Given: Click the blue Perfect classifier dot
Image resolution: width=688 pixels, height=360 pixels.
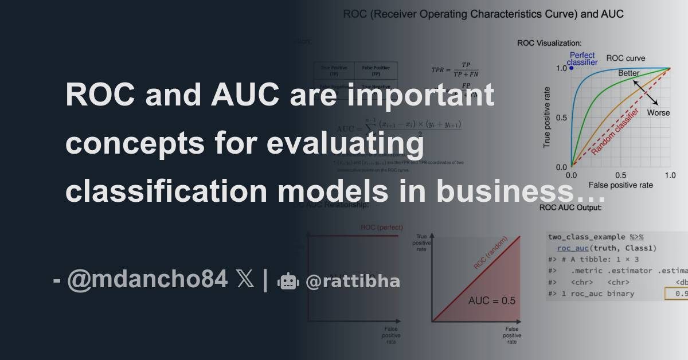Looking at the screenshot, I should [571, 68].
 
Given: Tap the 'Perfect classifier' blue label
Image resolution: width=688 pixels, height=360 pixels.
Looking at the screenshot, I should [583, 58].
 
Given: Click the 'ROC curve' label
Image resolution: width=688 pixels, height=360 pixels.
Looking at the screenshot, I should [626, 58].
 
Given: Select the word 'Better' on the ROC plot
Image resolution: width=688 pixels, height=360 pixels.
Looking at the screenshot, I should [629, 73].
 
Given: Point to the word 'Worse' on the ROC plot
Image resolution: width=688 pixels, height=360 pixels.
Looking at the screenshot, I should [658, 113].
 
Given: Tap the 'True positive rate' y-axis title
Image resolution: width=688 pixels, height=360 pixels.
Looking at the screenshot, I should [547, 117].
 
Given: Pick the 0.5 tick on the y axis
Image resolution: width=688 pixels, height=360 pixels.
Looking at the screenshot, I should [562, 118].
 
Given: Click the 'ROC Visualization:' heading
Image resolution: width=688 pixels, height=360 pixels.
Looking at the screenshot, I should [549, 43].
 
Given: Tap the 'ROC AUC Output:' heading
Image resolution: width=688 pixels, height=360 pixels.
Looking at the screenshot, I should [570, 207].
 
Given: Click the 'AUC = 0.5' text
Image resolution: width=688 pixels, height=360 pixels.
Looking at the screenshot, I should [491, 300].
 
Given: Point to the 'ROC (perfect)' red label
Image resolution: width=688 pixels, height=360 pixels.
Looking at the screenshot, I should [379, 228].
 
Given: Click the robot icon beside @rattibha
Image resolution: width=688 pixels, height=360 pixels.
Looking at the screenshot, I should [288, 281].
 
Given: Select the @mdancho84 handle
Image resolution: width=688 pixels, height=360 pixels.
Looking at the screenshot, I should [147, 280].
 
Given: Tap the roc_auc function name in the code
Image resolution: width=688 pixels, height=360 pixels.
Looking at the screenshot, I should [574, 248].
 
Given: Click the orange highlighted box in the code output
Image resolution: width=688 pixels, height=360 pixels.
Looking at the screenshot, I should [677, 294].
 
